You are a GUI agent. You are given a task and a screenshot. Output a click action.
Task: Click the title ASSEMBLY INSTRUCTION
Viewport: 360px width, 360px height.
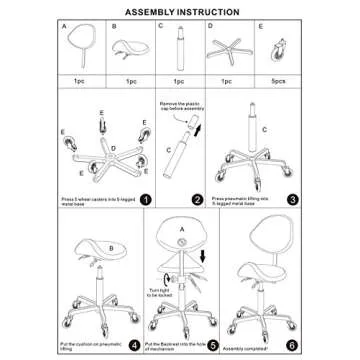pyautogui.click(x=180, y=11)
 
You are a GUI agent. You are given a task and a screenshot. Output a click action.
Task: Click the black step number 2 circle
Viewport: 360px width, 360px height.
pyautogui.click(x=197, y=198)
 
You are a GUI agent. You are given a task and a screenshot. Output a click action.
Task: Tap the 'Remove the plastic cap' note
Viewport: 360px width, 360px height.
pyautogui.click(x=183, y=109)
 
